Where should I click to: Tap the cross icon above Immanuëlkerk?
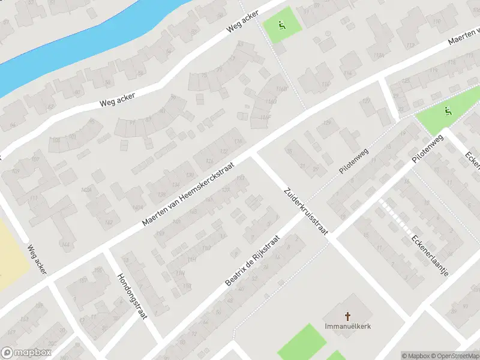click(347, 316)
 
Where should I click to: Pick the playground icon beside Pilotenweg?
click(447, 111)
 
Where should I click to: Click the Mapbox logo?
click(26, 353)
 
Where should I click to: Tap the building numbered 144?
click(65, 244)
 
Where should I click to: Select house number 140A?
click(137, 207)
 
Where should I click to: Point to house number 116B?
click(281, 90)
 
